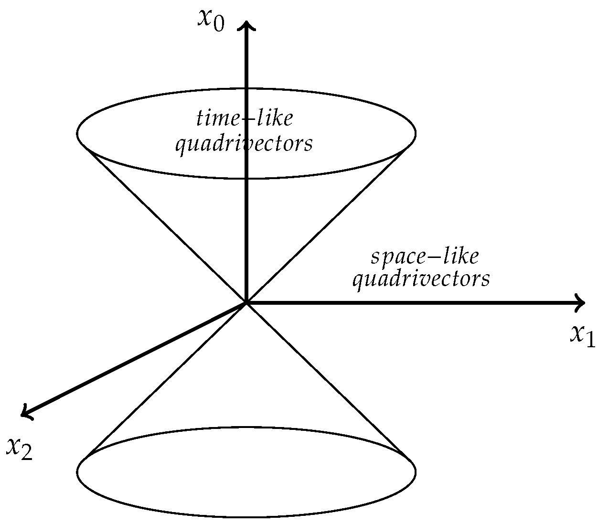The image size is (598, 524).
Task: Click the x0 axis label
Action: (x=211, y=20)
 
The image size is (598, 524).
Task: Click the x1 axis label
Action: (x=582, y=336)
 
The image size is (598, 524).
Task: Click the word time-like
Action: (x=244, y=118)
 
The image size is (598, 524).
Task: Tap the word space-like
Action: (x=424, y=257)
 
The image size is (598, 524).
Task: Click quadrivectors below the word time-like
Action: (x=244, y=143)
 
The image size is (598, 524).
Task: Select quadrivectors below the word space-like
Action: (x=421, y=278)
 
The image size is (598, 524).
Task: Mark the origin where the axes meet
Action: (x=246, y=302)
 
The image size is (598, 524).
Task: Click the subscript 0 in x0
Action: (x=218, y=24)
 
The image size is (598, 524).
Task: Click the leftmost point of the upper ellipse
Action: (x=77, y=133)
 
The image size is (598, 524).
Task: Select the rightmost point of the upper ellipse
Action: (x=415, y=133)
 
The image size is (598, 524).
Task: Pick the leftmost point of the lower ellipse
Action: (x=77, y=472)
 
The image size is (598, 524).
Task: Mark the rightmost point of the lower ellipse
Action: (x=415, y=472)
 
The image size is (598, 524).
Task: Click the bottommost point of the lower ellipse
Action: (x=246, y=517)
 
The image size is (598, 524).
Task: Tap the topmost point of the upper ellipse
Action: (x=246, y=88)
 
